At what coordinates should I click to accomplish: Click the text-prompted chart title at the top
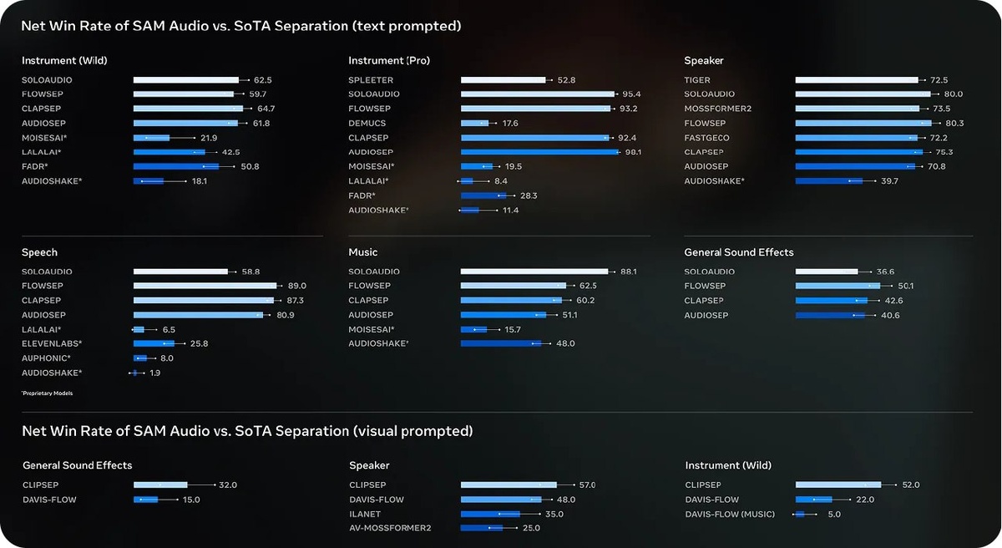pyautogui.click(x=241, y=26)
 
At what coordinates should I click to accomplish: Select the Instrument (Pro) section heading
pyautogui.click(x=389, y=60)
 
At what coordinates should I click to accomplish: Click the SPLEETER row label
pyautogui.click(x=370, y=80)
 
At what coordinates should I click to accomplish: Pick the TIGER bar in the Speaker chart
pyautogui.click(x=856, y=80)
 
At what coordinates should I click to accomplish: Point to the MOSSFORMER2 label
pyautogui.click(x=717, y=109)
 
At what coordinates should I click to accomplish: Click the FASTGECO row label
pyautogui.click(x=706, y=138)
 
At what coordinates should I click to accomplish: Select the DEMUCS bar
pyautogui.click(x=474, y=123)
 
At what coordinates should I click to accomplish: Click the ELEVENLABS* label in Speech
pyautogui.click(x=52, y=343)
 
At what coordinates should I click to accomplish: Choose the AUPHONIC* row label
pyautogui.click(x=46, y=358)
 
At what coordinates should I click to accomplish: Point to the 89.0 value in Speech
pyautogui.click(x=296, y=286)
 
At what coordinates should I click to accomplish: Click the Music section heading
pyautogui.click(x=362, y=252)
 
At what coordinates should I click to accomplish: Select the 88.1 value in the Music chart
pyautogui.click(x=629, y=271)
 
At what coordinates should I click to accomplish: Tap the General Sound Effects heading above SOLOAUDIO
pyautogui.click(x=738, y=252)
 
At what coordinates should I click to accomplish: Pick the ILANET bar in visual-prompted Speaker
pyautogui.click(x=490, y=514)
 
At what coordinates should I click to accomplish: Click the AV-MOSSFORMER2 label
pyautogui.click(x=390, y=528)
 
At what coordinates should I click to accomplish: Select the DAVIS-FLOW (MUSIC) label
pyautogui.click(x=730, y=514)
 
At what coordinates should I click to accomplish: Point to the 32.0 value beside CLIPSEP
pyautogui.click(x=228, y=485)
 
